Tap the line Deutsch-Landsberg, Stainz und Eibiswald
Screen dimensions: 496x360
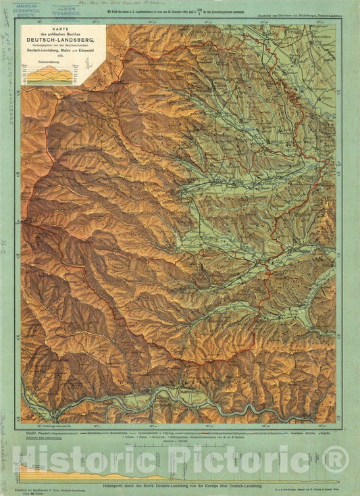click(65, 53)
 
